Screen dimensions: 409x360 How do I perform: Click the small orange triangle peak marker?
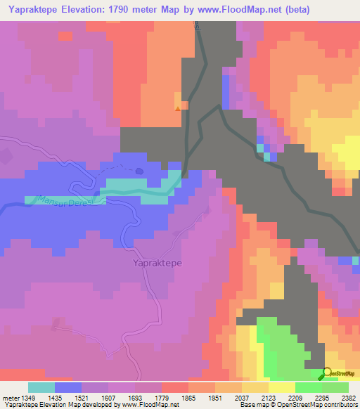[x=177, y=108]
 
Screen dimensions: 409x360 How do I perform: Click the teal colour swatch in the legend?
[x=41, y=387]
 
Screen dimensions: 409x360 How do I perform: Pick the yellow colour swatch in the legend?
[x=282, y=387]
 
